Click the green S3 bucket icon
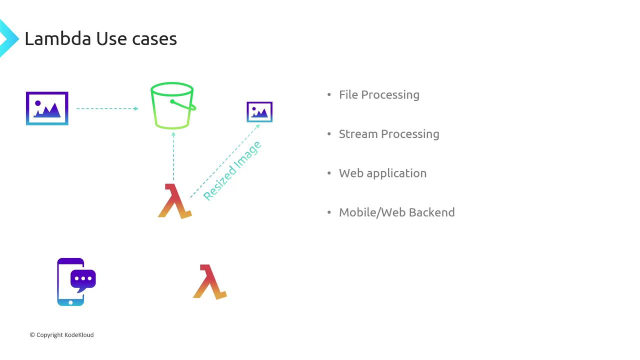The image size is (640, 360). coord(173,105)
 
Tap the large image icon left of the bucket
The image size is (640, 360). coord(47,108)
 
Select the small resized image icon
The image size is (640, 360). coord(259,112)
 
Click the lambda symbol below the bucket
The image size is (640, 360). coord(175,201)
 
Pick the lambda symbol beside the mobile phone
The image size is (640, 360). coord(210,282)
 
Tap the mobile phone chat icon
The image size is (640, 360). coord(76,282)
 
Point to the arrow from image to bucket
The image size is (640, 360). coord(107,108)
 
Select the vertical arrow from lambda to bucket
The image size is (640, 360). coord(173,156)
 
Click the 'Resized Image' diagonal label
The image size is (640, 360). coord(232,171)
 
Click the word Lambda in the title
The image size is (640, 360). coord(58,38)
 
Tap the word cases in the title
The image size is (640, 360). coord(154,39)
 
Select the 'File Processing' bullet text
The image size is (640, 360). coord(379,95)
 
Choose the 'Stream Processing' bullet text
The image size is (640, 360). coord(389,134)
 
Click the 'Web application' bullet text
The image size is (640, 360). coord(383,173)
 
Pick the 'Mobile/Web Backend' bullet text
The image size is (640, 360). coord(397,212)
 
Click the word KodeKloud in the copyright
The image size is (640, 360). coord(79,335)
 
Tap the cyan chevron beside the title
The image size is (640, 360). coord(9,38)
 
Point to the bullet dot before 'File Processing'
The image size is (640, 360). coord(329,94)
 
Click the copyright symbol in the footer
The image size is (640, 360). coord(32,335)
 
